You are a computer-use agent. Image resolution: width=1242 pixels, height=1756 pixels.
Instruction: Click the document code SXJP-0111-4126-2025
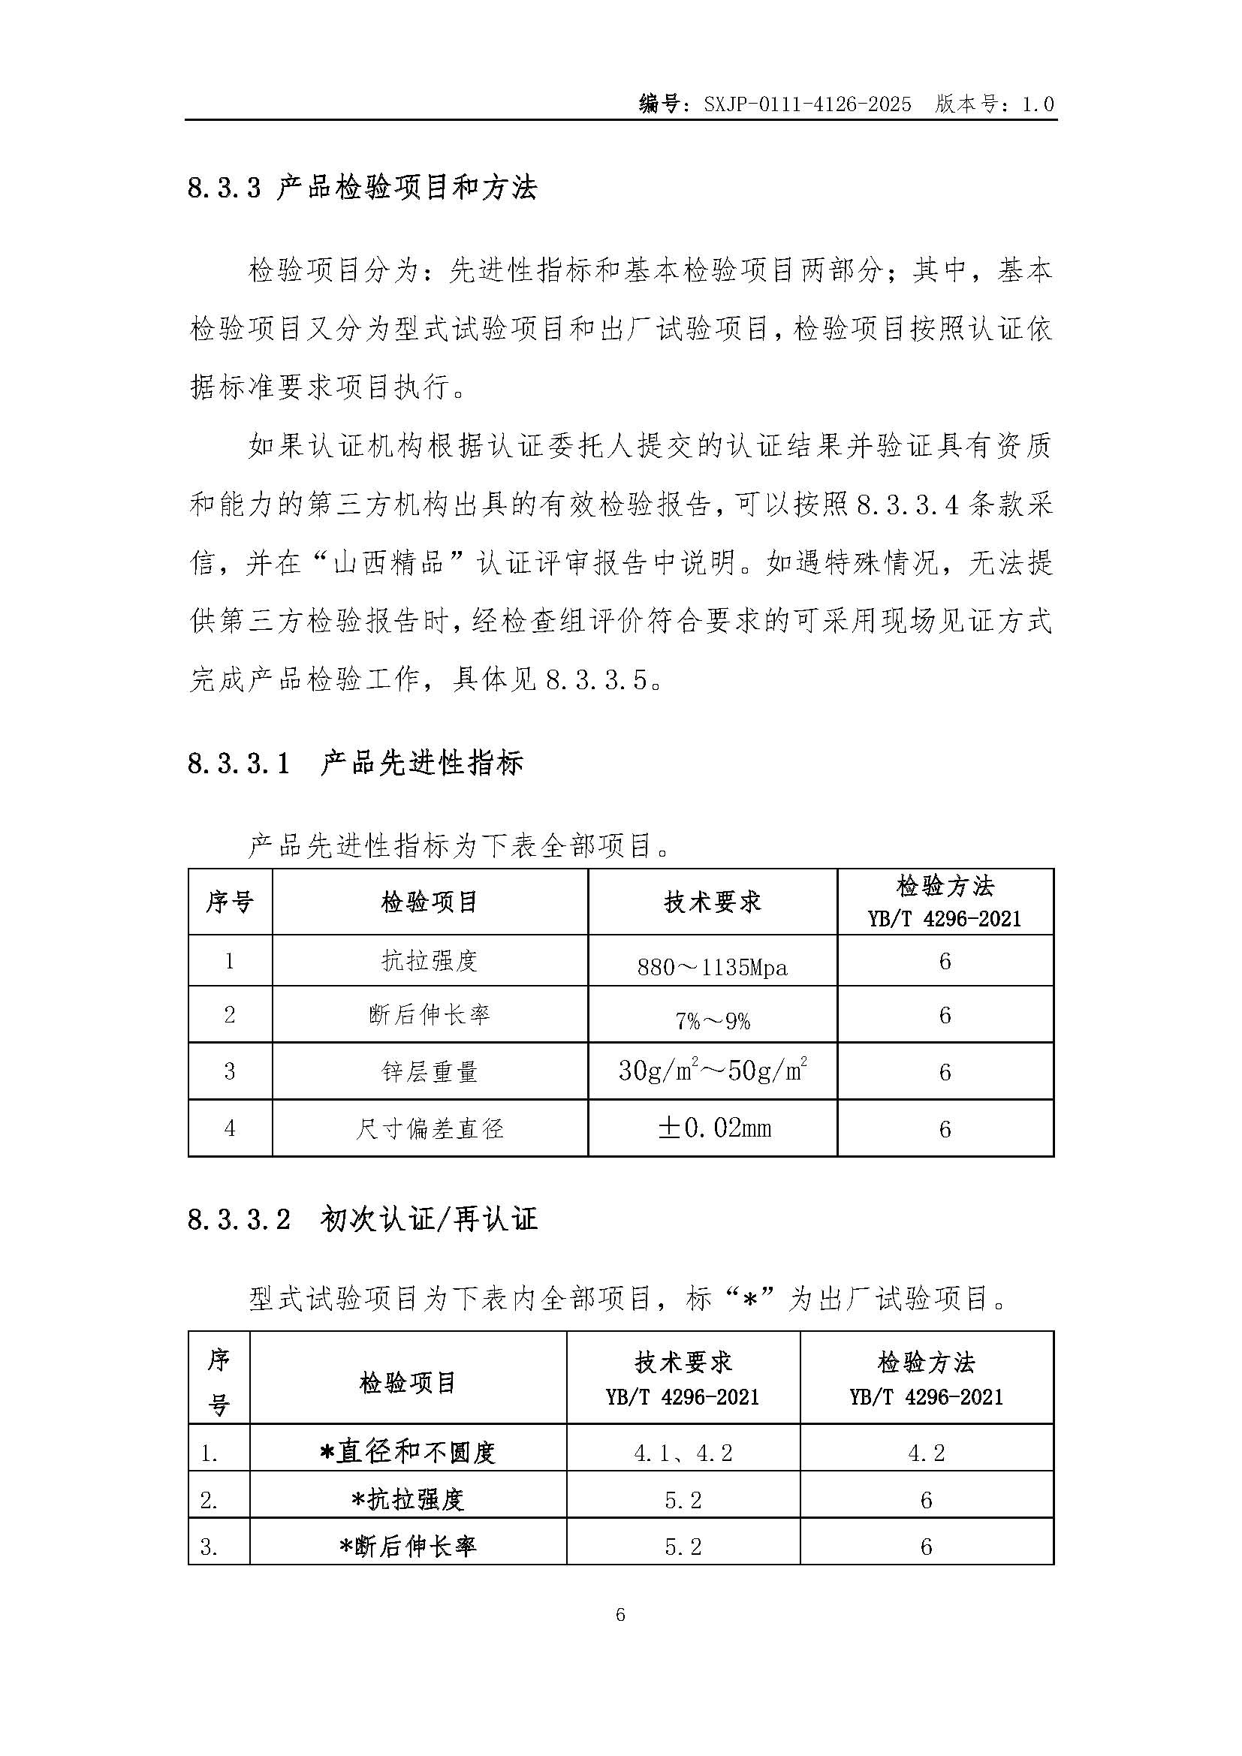[808, 104]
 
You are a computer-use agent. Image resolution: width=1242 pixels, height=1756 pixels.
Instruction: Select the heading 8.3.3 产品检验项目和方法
[363, 188]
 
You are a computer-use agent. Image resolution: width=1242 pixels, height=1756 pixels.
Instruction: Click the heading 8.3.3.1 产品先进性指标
[356, 764]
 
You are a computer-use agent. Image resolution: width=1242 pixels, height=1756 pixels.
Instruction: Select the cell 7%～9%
[712, 1021]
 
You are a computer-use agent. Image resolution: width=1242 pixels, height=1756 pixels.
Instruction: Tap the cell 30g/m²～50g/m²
[712, 1071]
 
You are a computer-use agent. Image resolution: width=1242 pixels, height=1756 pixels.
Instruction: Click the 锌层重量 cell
[430, 1071]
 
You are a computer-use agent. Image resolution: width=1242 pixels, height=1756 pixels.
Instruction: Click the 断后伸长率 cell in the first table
[430, 1015]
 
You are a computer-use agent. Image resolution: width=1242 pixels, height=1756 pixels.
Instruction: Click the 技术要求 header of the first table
[712, 902]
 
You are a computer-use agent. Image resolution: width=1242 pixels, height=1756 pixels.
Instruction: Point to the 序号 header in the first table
[230, 902]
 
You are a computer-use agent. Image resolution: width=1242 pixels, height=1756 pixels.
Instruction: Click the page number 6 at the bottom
[620, 1615]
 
